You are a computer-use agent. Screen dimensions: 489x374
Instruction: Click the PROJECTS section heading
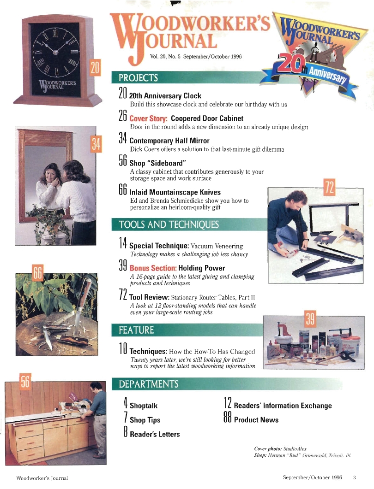139,77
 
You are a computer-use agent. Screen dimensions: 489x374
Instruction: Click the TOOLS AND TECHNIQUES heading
169,225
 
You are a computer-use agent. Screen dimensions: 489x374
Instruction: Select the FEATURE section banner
137,330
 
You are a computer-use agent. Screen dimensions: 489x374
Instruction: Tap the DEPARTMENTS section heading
149,384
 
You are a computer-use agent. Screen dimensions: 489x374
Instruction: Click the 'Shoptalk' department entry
144,406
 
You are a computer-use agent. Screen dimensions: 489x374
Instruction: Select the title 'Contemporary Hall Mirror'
169,141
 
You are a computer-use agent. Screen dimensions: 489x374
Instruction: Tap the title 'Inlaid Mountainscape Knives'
175,192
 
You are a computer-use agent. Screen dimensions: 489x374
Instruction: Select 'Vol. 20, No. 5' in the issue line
165,56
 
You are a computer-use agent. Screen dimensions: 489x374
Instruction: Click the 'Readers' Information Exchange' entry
283,406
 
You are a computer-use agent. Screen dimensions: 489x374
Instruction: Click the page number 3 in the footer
354,477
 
